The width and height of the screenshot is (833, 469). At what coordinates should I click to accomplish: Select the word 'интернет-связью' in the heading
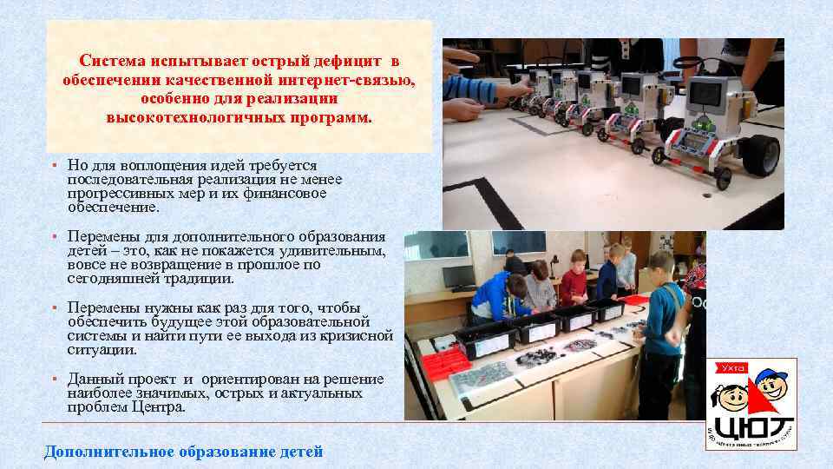tap(356, 80)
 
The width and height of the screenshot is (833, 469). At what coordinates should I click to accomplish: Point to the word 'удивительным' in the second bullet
tap(340, 251)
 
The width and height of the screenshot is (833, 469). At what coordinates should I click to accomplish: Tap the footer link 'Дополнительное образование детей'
tap(183, 452)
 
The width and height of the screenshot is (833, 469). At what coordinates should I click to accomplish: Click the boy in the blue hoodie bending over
tap(495, 295)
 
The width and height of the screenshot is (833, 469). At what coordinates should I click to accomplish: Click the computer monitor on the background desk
tap(459, 276)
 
